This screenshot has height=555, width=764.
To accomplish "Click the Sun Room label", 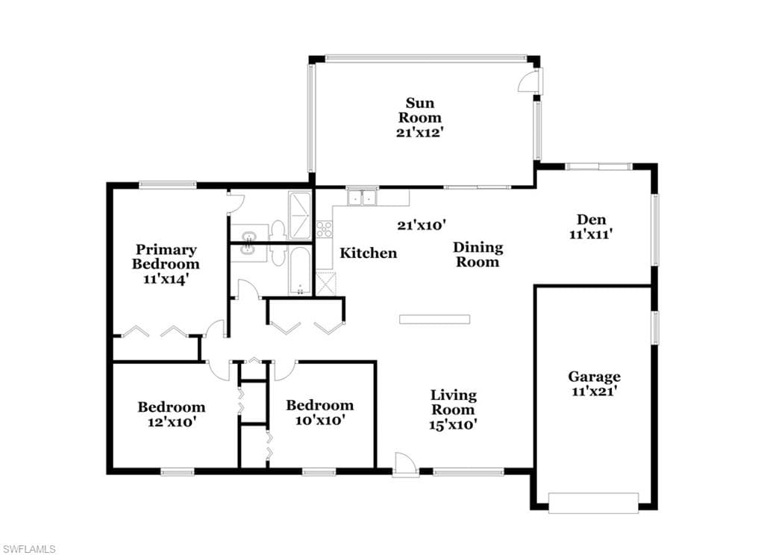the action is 420,110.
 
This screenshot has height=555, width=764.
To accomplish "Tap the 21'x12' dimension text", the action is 419,133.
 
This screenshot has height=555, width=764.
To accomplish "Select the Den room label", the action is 591,219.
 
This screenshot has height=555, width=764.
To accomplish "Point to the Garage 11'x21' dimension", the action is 595,391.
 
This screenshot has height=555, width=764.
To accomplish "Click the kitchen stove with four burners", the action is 324,229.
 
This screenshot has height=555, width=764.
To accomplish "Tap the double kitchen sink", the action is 362,198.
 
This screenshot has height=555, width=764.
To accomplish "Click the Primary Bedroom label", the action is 166,257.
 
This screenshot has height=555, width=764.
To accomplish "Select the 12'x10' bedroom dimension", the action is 172,422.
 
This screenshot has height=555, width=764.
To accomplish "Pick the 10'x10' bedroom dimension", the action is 321,420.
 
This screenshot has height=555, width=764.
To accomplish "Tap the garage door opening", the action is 593,503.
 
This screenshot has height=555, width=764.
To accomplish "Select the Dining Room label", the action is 477,255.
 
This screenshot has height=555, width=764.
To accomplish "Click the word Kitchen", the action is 369,254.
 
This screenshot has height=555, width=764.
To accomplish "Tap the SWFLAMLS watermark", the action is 28,549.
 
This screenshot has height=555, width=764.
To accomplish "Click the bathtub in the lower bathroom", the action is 300,271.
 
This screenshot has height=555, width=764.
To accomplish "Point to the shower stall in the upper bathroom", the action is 299,216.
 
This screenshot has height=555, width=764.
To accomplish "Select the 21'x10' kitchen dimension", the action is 422,225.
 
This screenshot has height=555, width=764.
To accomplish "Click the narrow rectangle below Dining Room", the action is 435,320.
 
